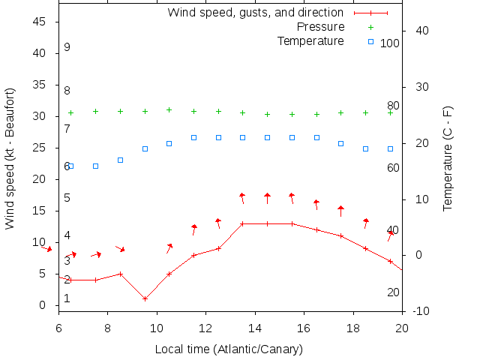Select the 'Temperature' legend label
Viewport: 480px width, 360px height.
[x=310, y=40]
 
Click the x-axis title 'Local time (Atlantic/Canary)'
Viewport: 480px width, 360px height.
[x=229, y=349]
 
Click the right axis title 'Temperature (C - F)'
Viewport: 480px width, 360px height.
[x=448, y=158]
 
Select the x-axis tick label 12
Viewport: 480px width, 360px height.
[x=205, y=328]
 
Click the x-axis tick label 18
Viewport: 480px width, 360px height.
[x=353, y=328]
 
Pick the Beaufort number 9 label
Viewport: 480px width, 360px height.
[x=67, y=47]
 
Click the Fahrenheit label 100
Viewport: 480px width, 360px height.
[x=390, y=43]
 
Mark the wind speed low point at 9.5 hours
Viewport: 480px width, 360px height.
[x=145, y=298]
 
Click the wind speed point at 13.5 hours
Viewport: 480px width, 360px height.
[x=242, y=223]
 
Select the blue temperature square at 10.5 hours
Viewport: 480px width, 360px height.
[x=169, y=143]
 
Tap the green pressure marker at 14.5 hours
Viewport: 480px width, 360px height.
[x=267, y=114]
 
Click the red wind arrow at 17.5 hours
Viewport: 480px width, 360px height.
[x=340, y=211]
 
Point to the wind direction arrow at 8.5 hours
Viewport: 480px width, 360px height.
[x=120, y=248]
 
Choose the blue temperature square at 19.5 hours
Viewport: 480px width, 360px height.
[x=390, y=148]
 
